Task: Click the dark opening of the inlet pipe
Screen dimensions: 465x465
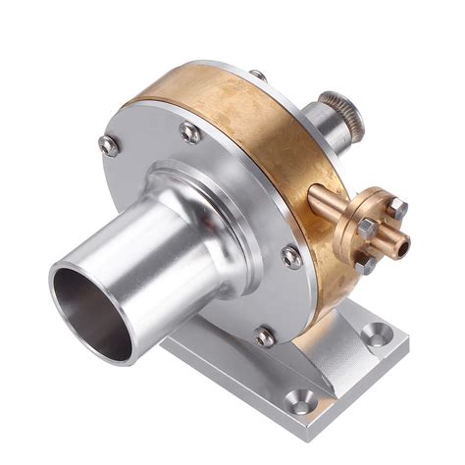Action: [x=91, y=312]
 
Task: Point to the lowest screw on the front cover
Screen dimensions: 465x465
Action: [x=265, y=336]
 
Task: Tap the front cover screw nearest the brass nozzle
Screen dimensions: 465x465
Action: [x=291, y=257]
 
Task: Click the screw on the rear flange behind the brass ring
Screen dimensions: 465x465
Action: [x=258, y=76]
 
